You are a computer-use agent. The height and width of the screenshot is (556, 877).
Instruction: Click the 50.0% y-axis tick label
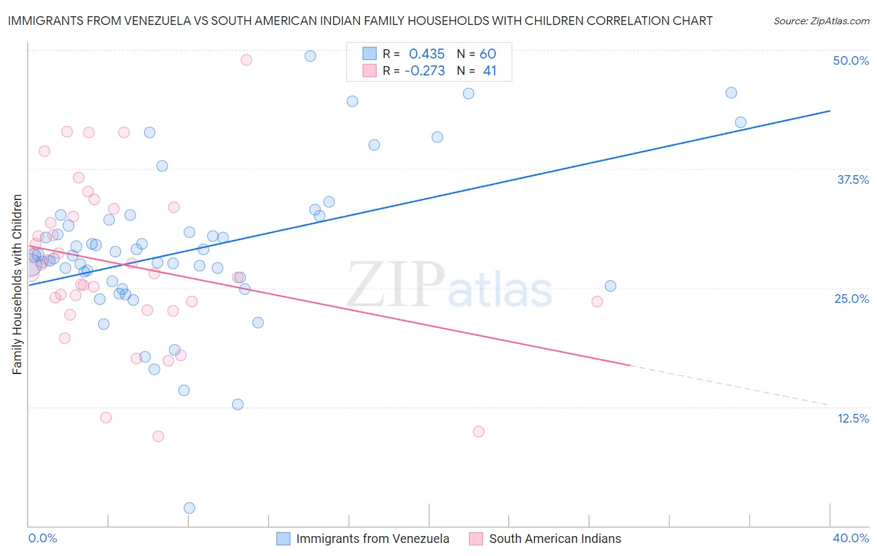click(x=851, y=60)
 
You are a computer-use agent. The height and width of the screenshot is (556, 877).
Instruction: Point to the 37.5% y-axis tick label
click(x=853, y=180)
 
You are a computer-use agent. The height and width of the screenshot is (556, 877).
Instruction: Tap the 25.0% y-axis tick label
click(x=851, y=299)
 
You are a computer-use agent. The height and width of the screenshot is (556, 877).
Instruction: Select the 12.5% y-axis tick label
click(x=853, y=418)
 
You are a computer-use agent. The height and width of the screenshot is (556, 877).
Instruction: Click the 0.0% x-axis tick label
click(x=42, y=538)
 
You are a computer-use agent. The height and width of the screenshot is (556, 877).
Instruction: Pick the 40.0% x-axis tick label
click(x=851, y=538)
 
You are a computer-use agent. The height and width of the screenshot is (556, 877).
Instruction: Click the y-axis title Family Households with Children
click(x=17, y=284)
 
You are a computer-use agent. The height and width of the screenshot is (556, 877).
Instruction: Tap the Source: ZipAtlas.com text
click(x=821, y=21)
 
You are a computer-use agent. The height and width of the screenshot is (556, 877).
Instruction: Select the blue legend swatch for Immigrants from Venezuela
click(x=283, y=539)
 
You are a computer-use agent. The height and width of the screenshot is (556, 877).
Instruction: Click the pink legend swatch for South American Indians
click(x=476, y=539)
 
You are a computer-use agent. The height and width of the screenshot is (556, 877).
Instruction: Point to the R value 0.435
click(x=427, y=54)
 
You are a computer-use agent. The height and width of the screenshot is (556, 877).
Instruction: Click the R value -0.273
click(x=424, y=71)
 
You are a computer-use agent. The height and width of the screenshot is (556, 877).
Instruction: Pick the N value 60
click(x=488, y=54)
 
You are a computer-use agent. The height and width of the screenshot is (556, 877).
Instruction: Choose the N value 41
click(x=490, y=71)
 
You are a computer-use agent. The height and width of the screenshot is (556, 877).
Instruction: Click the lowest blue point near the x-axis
click(x=190, y=508)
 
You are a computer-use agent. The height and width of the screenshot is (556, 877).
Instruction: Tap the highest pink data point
click(x=246, y=60)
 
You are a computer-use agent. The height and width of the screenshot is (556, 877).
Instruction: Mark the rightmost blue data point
click(x=740, y=122)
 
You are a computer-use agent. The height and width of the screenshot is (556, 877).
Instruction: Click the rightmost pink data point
click(x=597, y=302)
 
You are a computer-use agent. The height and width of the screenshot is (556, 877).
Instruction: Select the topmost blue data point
click(x=310, y=56)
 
